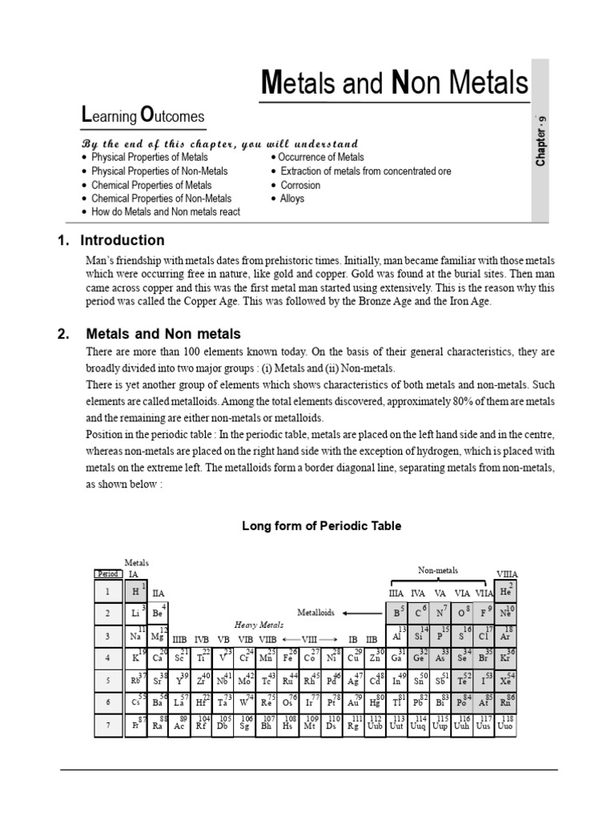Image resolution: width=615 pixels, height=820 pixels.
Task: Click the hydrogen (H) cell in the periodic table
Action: [x=136, y=591]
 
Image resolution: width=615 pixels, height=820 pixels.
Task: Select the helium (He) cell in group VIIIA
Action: [x=506, y=591]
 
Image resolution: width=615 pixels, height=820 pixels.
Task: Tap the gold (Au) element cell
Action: [x=354, y=701]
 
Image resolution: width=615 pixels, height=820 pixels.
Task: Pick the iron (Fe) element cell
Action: [x=288, y=657]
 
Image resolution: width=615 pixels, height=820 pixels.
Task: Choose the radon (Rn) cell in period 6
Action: [x=506, y=701]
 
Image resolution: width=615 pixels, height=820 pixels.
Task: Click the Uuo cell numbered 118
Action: [x=506, y=725]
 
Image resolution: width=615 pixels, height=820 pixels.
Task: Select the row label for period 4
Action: [x=107, y=657]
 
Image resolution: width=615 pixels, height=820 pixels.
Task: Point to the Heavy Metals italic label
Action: [x=259, y=625]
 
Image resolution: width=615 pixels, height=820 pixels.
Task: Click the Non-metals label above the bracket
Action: [x=438, y=570]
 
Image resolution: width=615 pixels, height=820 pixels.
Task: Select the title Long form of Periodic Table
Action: [x=321, y=526]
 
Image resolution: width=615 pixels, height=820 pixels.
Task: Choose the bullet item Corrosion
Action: [x=300, y=185]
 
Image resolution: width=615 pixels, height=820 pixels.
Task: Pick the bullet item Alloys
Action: [x=292, y=199]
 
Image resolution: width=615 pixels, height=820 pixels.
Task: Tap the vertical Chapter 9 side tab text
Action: [x=541, y=142]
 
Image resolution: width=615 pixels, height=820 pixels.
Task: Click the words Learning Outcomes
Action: [x=143, y=117]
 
